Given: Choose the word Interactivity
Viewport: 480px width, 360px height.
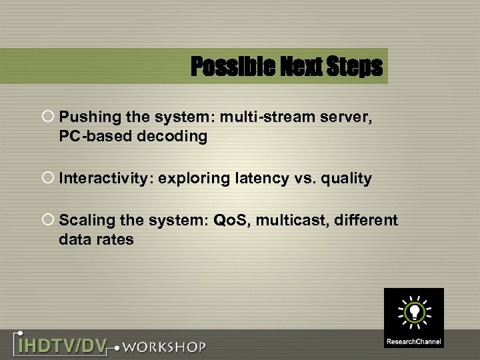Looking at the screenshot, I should coord(105,179).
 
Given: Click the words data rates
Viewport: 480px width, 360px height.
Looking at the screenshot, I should coord(96,239).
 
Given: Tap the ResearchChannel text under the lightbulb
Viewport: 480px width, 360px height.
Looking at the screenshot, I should coord(413,341).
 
